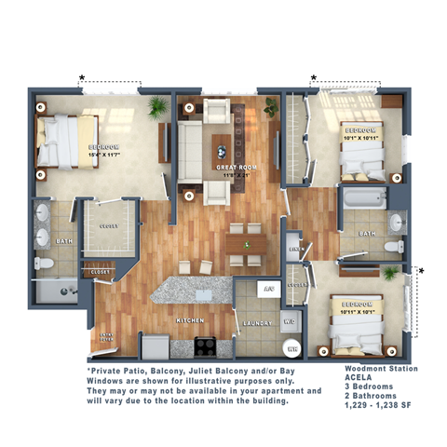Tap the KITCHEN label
click(x=190, y=320)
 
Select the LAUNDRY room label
click(x=256, y=323)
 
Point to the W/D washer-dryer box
click(x=289, y=324)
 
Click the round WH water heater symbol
click(x=291, y=349)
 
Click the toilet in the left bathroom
click(x=43, y=264)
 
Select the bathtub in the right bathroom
click(x=364, y=198)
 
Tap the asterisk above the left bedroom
click(x=82, y=77)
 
